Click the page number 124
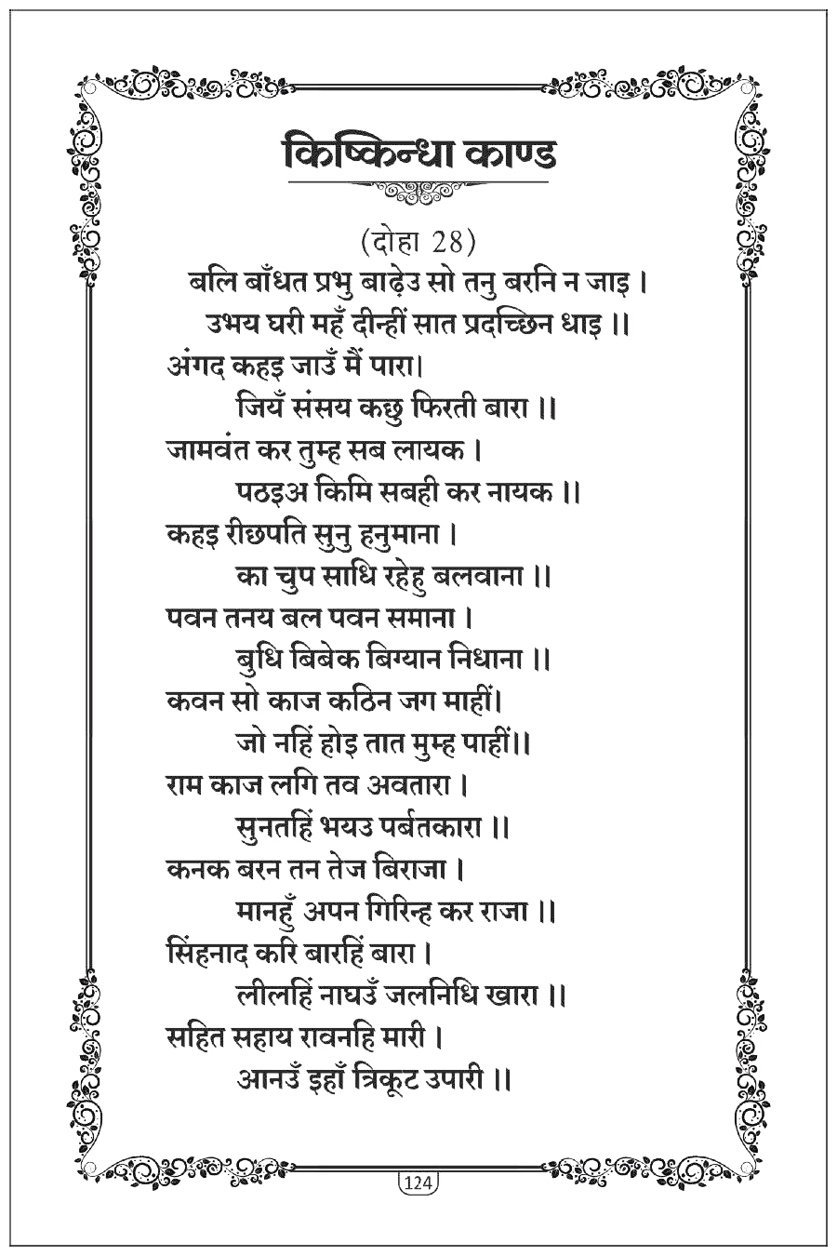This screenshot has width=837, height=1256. [x=418, y=1183]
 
